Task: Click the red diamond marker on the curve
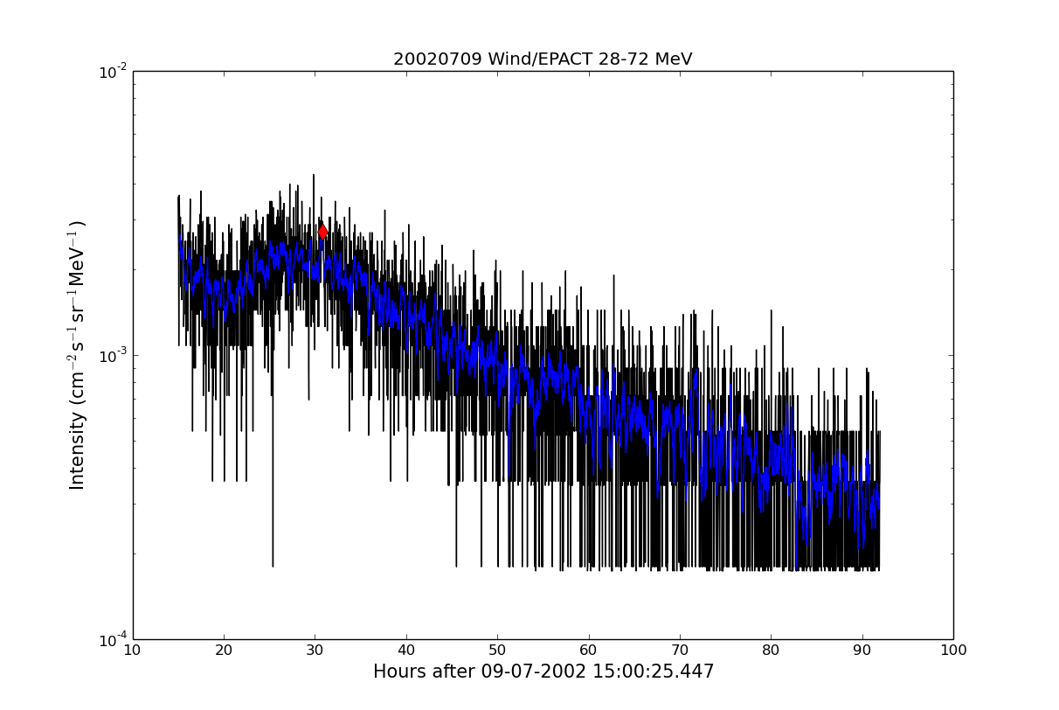322,232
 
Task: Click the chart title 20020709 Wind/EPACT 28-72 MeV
542,59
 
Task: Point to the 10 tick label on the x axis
133,651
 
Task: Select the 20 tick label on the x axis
224,651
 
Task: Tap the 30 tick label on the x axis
315,651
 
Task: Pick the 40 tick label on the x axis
406,651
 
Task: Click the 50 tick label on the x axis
497,651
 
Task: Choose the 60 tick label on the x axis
588,651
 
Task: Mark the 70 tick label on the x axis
680,651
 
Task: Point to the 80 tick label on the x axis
771,651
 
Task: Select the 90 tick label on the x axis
862,651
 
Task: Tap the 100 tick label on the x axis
953,651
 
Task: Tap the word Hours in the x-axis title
398,672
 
